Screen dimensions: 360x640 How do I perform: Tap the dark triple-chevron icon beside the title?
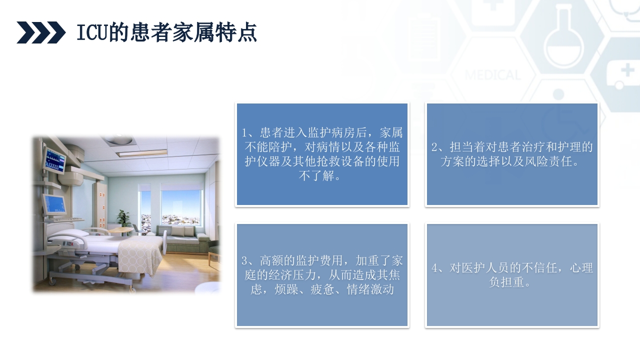pos(41,32)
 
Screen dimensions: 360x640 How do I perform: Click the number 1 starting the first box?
pos(245,133)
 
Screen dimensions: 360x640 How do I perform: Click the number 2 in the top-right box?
pos(435,147)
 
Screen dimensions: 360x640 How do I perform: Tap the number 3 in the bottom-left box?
pos(245,261)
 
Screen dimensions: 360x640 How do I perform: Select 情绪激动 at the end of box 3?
pos(370,290)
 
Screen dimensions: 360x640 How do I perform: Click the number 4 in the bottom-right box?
pos(435,268)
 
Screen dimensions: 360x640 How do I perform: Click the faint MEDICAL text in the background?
pos(492,75)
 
